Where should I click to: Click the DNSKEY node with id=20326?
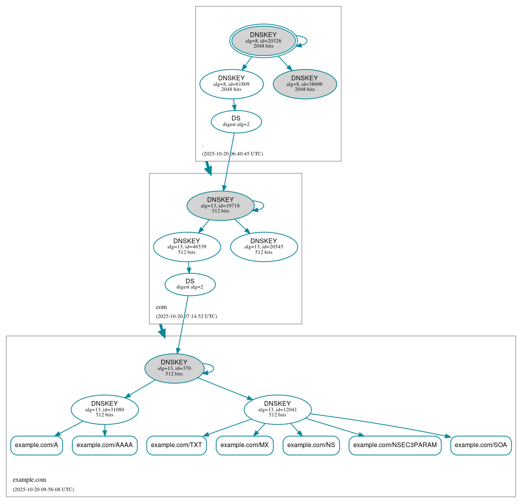click(x=263, y=41)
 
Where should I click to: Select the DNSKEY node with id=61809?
click(x=232, y=84)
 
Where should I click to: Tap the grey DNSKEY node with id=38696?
click(x=305, y=84)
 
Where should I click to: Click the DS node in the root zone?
click(x=236, y=122)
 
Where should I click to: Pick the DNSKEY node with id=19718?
click(x=220, y=205)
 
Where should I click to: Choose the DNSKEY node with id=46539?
click(x=187, y=247)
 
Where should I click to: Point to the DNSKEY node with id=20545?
click(x=264, y=247)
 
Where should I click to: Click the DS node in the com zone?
click(x=190, y=284)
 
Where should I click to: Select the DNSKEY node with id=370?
click(x=174, y=368)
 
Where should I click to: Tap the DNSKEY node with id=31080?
click(x=105, y=410)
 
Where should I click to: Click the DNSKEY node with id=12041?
click(x=278, y=410)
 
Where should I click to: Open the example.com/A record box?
click(x=37, y=445)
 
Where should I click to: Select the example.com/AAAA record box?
click(x=105, y=445)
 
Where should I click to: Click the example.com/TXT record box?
click(x=176, y=445)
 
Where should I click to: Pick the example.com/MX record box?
click(x=244, y=445)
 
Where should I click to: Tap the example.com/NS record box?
click(x=311, y=445)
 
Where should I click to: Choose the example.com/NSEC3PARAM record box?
click(x=395, y=445)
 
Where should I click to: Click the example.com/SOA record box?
click(x=481, y=445)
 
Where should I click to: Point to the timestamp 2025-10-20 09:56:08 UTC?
click(x=43, y=490)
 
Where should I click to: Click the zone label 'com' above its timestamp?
click(x=161, y=307)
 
